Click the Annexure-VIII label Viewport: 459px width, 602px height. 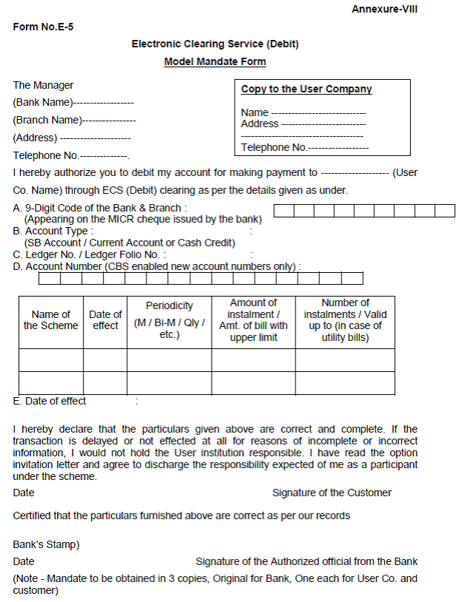coord(385,9)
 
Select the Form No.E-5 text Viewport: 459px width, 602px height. coord(43,27)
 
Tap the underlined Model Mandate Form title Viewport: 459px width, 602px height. coord(215,61)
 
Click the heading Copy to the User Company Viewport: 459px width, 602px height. coord(306,89)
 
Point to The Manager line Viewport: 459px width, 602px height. coord(43,85)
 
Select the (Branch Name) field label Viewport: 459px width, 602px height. coord(47,120)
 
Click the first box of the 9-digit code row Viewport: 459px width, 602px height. coord(284,211)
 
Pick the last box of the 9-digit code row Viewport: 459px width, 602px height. coord(445,211)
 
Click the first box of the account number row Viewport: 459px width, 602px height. coord(49,279)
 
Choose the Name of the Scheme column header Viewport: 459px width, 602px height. coord(51,320)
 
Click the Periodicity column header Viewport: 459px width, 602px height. coord(169,305)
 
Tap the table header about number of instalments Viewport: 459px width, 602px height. coord(345,320)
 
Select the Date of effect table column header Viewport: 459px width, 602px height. coord(105,320)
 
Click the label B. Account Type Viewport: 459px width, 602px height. coord(53,231)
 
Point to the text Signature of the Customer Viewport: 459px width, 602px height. coord(332,493)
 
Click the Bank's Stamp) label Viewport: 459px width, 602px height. coord(47,544)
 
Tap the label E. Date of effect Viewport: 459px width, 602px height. coord(50,401)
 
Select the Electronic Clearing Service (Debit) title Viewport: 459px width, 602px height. coord(215,44)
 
